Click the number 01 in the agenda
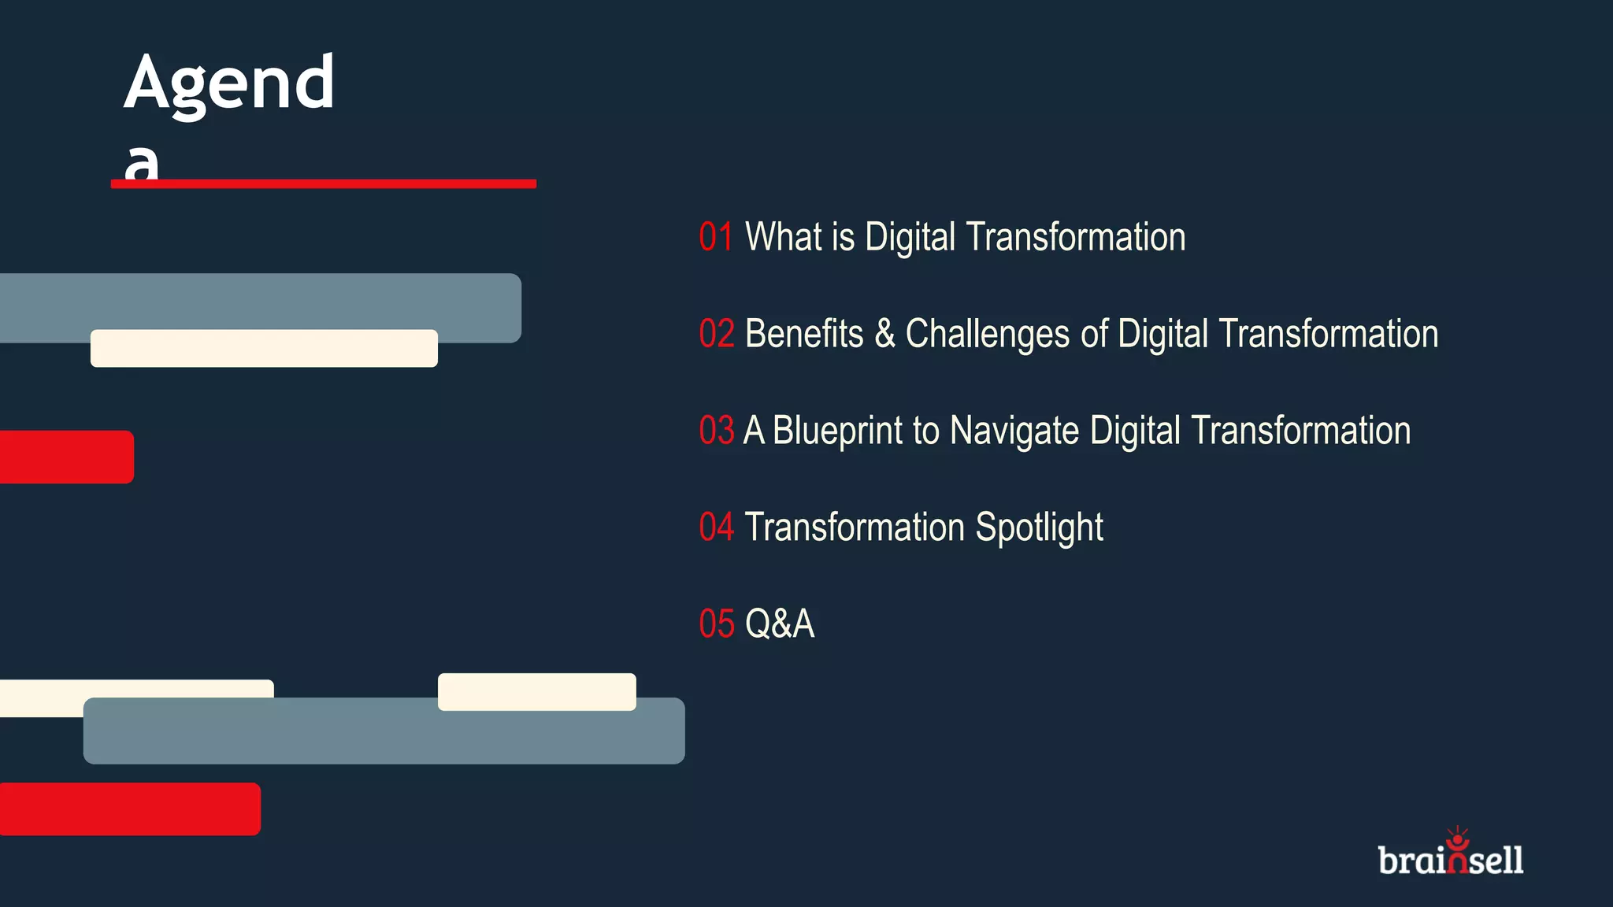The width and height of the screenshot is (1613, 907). [x=716, y=237]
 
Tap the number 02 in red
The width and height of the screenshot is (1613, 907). [x=717, y=334]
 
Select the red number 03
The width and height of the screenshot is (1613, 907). [x=717, y=431]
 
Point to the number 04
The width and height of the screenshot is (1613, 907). [x=717, y=528]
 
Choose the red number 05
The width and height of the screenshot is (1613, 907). [x=717, y=624]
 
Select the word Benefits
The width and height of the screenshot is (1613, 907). [x=803, y=334]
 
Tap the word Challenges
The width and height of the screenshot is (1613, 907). [x=987, y=335]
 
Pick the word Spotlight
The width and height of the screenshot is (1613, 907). [x=1039, y=528]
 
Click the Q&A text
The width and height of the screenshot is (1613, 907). [x=780, y=624]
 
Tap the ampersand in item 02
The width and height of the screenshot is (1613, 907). [x=884, y=335]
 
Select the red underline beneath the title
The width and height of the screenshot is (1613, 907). [x=324, y=184]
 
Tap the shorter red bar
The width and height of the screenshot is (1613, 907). [x=66, y=457]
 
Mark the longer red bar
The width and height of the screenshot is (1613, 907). [x=130, y=809]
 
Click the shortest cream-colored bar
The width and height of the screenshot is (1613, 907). [x=537, y=691]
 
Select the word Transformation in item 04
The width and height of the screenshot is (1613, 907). [x=855, y=528]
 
